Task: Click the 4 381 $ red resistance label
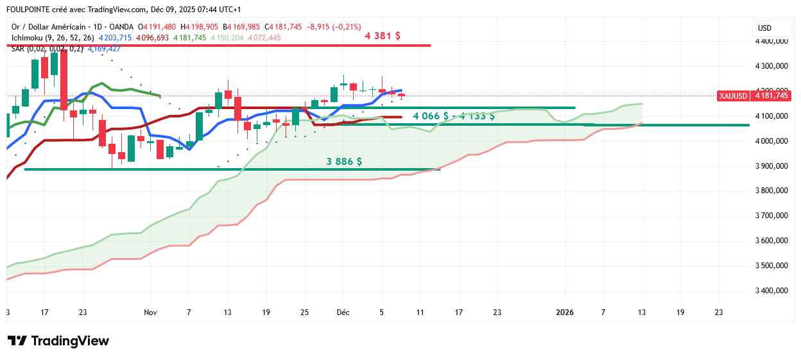click(x=383, y=36)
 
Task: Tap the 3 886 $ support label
click(x=344, y=162)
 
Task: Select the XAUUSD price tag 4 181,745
click(x=754, y=96)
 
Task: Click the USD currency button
click(x=764, y=28)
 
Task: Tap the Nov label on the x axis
click(x=150, y=313)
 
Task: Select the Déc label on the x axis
click(x=343, y=313)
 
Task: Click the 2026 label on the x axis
click(x=565, y=313)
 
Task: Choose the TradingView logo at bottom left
click(x=58, y=341)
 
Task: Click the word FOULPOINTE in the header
click(x=27, y=10)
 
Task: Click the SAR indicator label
click(x=19, y=49)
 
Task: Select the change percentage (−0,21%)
click(x=348, y=27)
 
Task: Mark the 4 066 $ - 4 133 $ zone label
click(x=454, y=116)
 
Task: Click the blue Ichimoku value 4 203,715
click(x=115, y=38)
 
